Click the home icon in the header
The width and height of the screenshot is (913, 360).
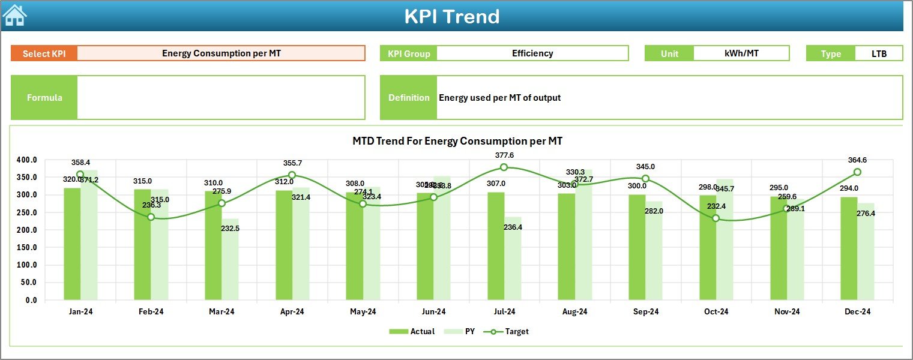tap(14, 16)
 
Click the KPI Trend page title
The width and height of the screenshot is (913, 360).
tap(451, 17)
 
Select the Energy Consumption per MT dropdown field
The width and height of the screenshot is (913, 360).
tap(221, 53)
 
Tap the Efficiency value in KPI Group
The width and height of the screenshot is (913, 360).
tap(532, 53)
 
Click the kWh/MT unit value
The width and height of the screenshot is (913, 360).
tap(741, 53)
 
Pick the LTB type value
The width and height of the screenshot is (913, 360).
tap(879, 53)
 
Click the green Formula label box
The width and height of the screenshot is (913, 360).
tap(44, 98)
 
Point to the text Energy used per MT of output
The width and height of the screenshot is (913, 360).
tap(499, 98)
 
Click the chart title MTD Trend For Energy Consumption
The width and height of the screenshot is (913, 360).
tap(457, 141)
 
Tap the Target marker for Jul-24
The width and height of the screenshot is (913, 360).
tap(504, 167)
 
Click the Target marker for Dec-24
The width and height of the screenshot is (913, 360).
tap(857, 172)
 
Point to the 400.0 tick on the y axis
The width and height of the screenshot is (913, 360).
tap(26, 160)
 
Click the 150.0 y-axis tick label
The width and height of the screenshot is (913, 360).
tap(26, 248)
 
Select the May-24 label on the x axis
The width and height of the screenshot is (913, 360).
tap(363, 312)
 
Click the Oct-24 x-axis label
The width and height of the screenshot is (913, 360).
tap(716, 312)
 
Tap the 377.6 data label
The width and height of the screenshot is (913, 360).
tap(504, 155)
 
